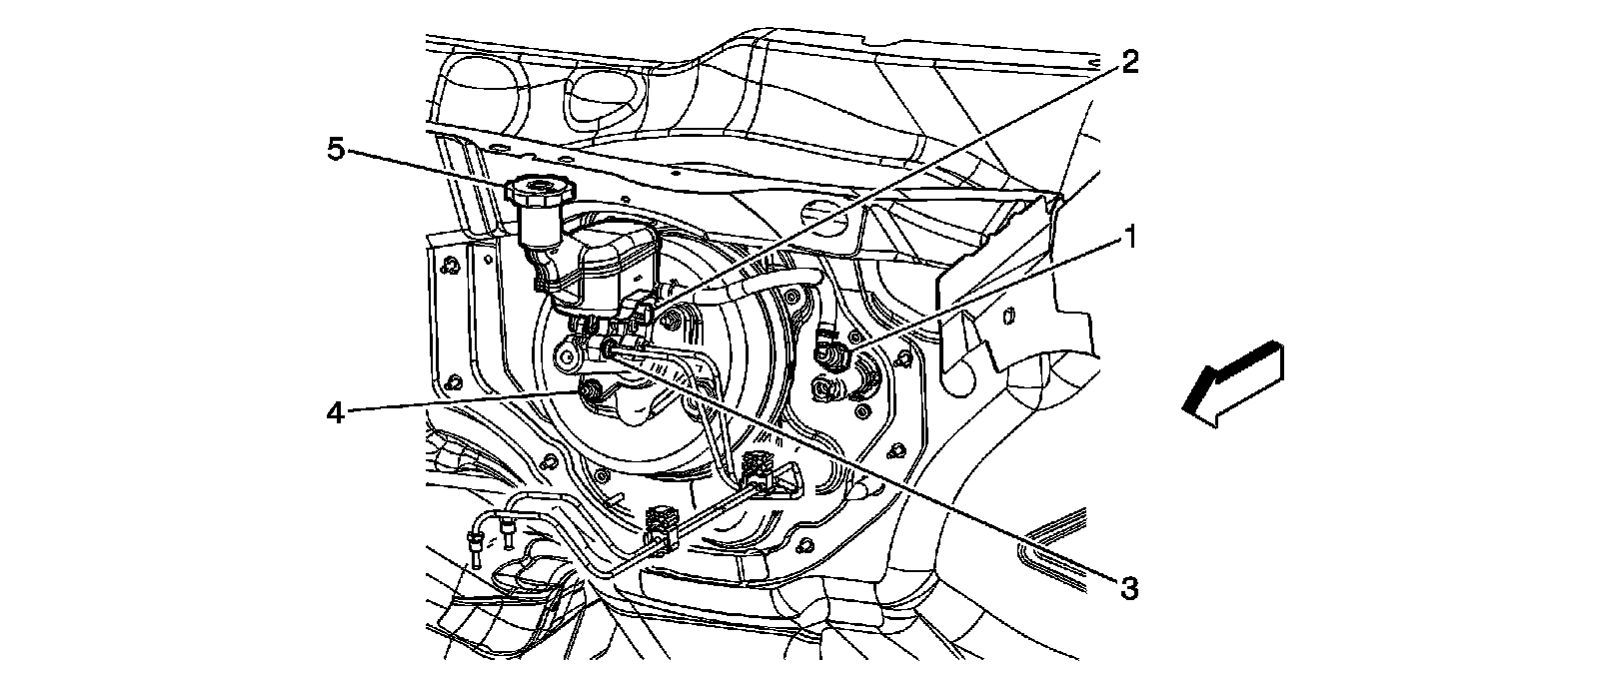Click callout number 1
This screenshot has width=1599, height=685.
(1130, 237)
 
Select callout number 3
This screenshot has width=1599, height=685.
(1128, 589)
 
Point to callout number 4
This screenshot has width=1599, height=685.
(337, 410)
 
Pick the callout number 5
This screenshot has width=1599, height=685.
(337, 150)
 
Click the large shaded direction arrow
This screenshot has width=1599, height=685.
(1231, 383)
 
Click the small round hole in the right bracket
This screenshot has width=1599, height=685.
(1007, 318)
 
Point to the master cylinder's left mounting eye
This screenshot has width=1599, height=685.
(570, 354)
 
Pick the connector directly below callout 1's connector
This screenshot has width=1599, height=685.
(828, 384)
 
